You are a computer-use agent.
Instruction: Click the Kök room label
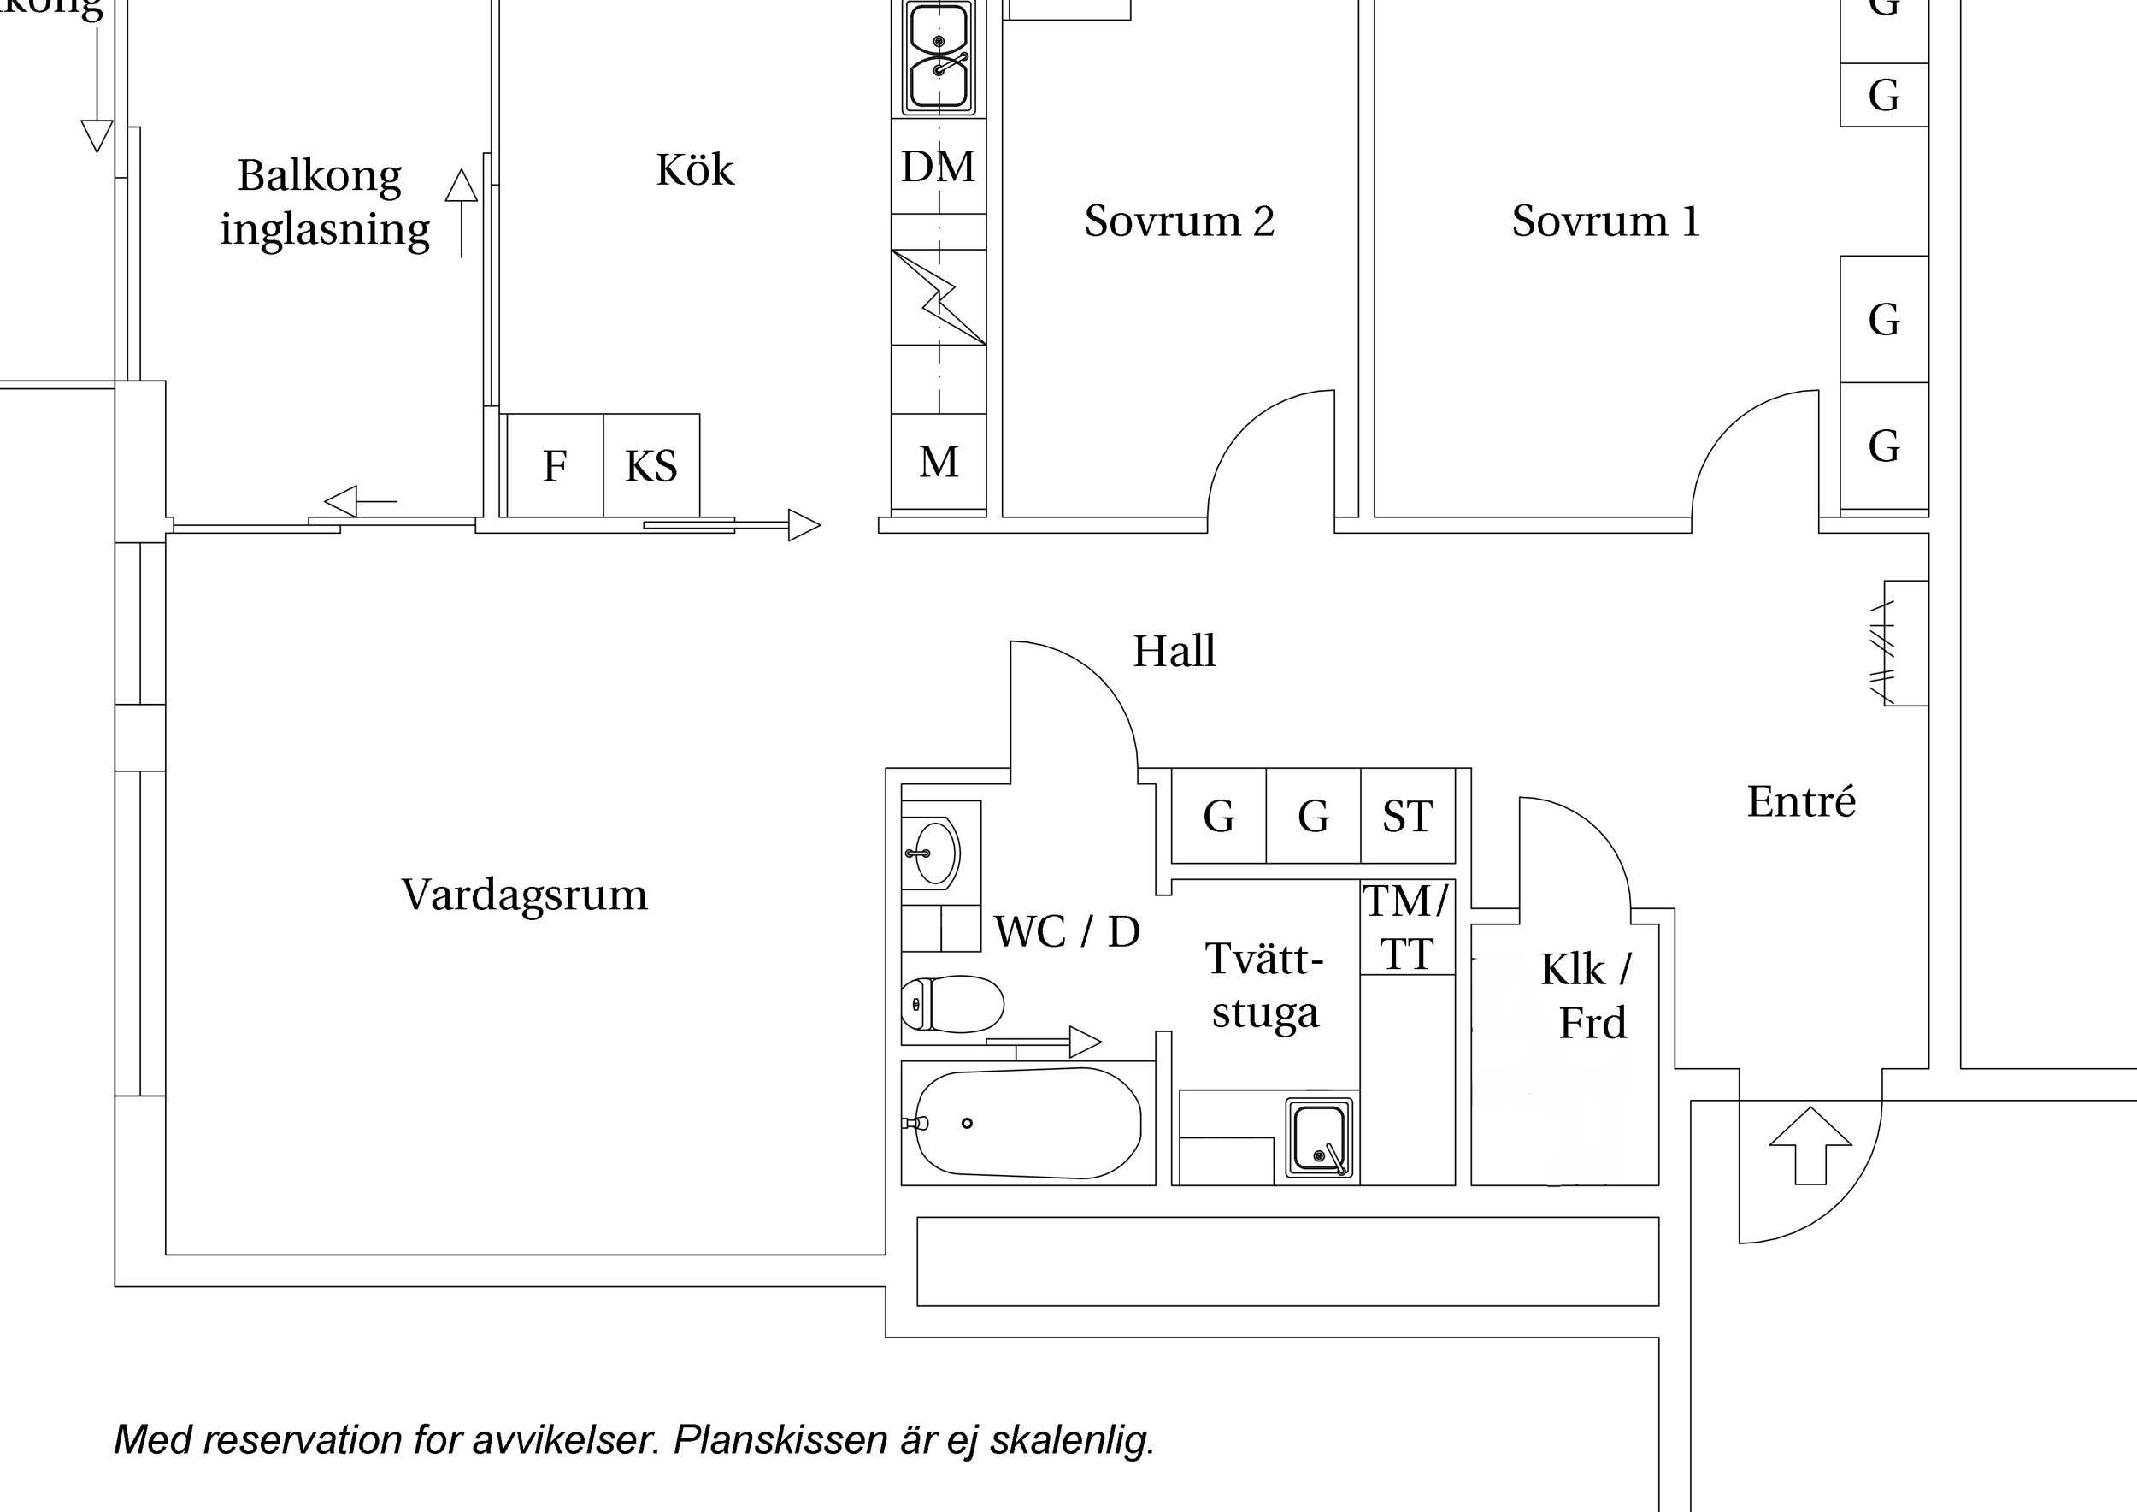(694, 169)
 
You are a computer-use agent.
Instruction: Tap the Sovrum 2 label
(1180, 221)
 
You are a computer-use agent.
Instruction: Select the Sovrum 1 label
(1605, 221)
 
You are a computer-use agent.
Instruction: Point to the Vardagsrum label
(524, 895)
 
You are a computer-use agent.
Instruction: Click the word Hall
(1174, 651)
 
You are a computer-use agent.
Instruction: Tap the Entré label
(1801, 800)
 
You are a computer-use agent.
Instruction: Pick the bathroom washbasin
(934, 852)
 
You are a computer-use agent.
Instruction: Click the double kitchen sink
(939, 56)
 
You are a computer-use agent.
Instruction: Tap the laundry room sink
(1319, 1137)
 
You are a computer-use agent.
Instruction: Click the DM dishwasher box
(939, 167)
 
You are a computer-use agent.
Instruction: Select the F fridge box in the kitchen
(555, 465)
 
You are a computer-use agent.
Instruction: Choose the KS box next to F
(651, 465)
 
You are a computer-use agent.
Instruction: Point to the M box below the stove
(939, 462)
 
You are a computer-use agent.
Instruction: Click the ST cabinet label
(1407, 817)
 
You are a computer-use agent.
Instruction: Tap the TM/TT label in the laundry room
(1406, 927)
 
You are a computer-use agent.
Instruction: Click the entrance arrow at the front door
(1810, 1145)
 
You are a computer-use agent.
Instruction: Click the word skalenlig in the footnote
(1071, 1439)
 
